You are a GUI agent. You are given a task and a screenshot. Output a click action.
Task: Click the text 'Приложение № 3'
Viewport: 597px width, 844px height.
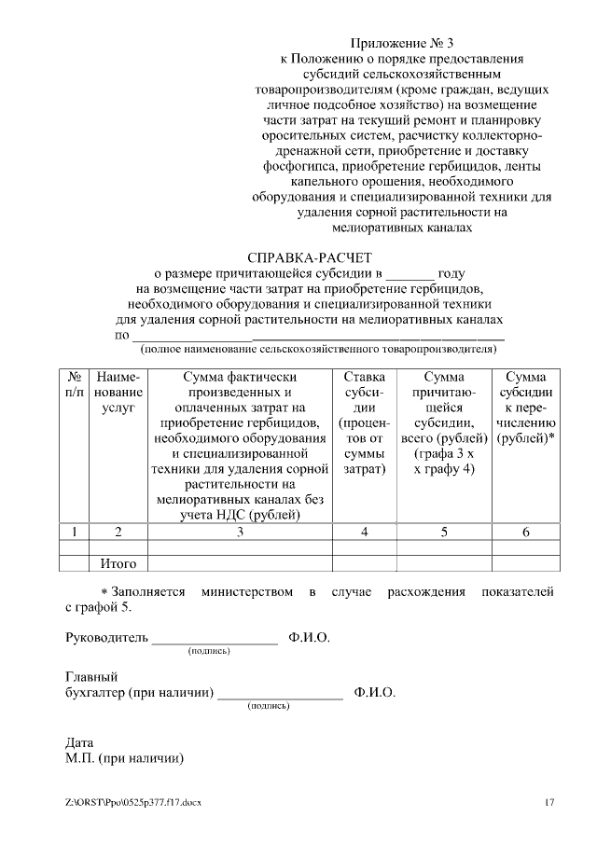coord(401,43)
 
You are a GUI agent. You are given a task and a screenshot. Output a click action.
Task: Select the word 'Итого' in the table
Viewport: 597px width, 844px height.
coord(118,563)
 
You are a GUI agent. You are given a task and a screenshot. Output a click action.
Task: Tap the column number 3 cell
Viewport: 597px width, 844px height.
coord(241,532)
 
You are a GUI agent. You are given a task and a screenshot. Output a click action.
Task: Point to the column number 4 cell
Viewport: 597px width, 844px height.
coord(365,532)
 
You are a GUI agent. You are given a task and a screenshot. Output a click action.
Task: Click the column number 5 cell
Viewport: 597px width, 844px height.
coord(444,532)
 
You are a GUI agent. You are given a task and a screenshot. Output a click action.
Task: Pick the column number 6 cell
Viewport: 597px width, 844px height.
coord(525,532)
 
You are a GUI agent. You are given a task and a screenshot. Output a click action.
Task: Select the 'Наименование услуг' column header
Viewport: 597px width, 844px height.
coord(118,393)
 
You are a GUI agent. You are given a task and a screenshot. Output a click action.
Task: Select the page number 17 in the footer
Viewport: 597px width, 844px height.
coord(549,802)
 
